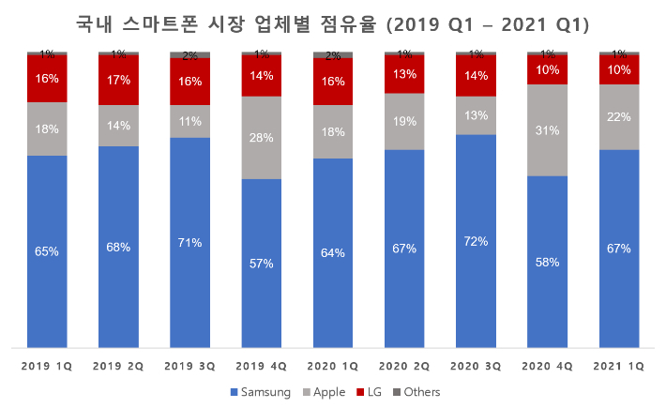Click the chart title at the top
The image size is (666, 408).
pos(333,21)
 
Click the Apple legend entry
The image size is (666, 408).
pos(323,392)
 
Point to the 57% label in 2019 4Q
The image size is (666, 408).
pos(262,264)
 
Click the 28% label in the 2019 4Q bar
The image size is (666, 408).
pos(262,138)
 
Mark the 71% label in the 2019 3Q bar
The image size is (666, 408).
pos(189,243)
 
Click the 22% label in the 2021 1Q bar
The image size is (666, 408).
pos(619,116)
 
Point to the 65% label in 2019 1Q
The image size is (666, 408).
pos(47,251)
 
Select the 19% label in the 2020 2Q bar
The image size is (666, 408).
pos(404,121)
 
